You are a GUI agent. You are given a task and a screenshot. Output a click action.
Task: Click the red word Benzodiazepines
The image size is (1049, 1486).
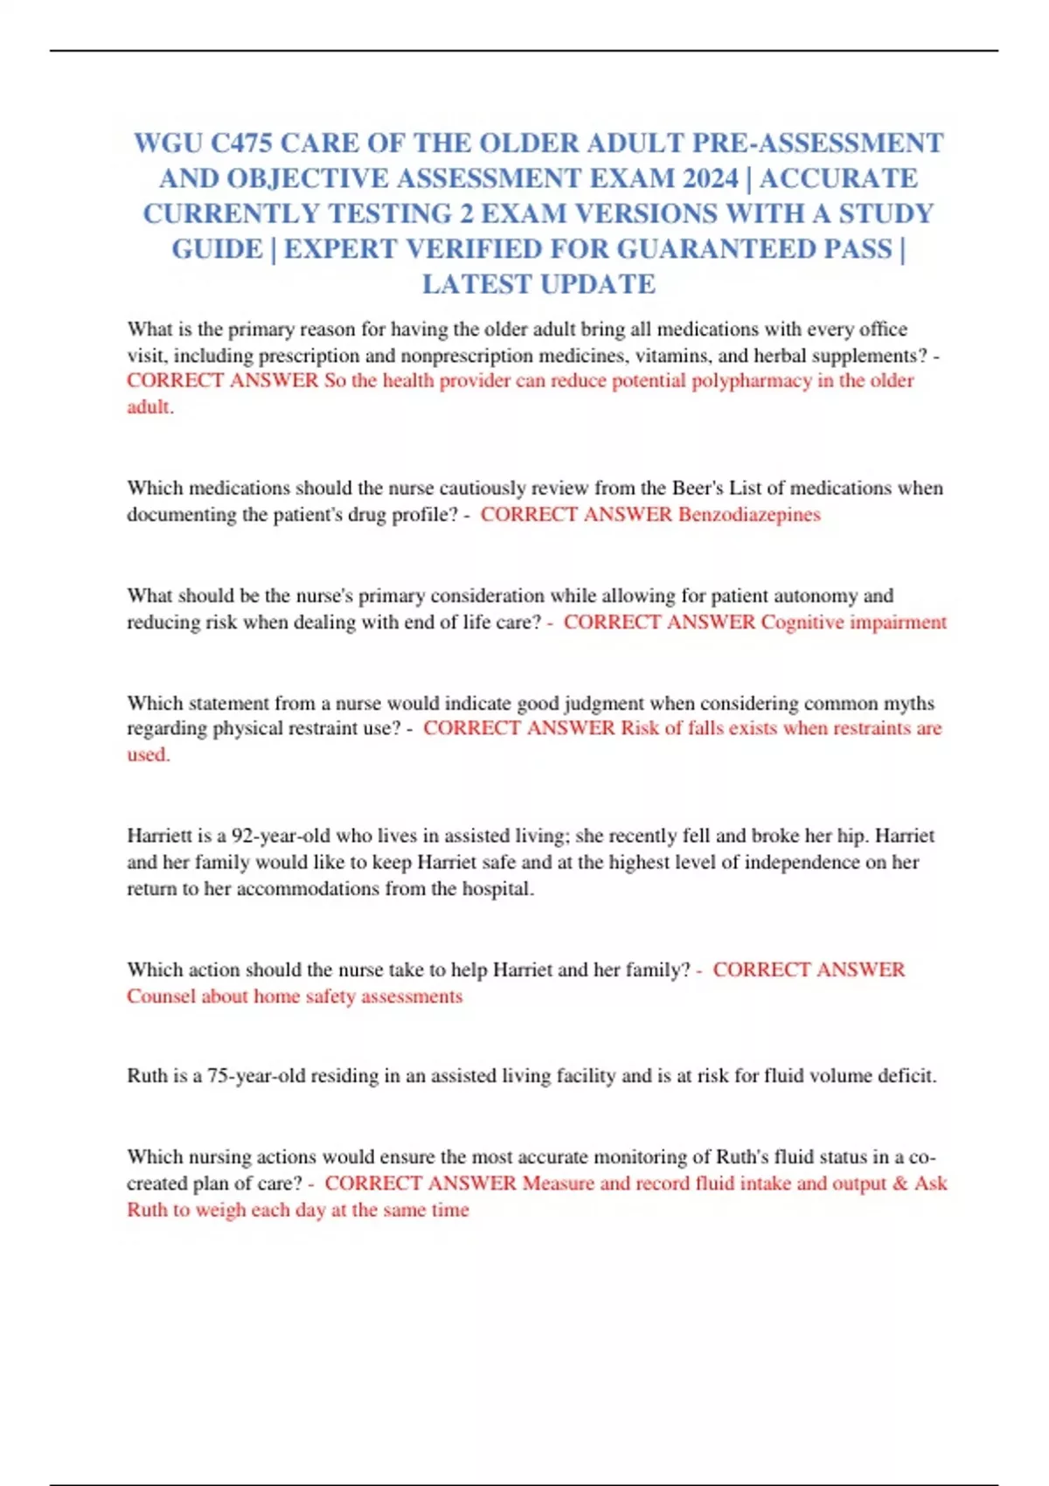[x=749, y=515]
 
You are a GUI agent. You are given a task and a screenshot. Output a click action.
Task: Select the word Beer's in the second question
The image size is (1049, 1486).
[x=698, y=488]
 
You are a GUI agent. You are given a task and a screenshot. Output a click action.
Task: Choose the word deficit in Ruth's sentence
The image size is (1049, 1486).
[x=909, y=1076]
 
